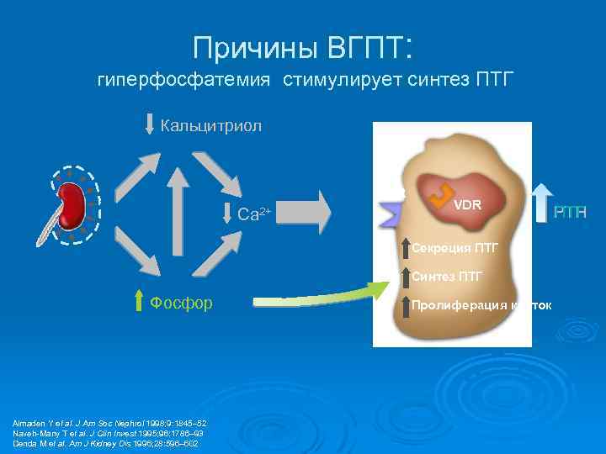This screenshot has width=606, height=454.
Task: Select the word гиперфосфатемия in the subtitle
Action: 184,81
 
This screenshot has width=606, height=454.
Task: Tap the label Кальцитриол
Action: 211,126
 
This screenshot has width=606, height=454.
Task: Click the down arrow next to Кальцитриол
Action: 151,124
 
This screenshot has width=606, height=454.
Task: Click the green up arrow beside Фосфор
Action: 140,301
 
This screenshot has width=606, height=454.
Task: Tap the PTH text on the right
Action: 569,213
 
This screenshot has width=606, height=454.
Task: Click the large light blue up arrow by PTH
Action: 543,192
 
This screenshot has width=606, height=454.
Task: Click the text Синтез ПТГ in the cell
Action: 448,276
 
